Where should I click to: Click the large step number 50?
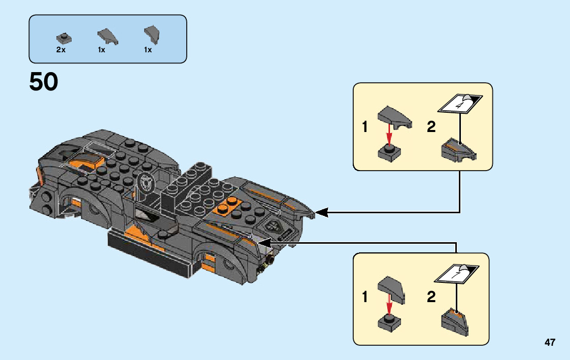click(44, 81)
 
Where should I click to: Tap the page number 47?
click(550, 342)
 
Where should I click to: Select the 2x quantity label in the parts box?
click(61, 50)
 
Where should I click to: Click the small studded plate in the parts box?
click(64, 38)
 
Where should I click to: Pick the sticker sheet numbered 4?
click(460, 104)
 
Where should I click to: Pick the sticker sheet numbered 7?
click(457, 273)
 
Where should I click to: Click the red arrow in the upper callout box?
click(389, 135)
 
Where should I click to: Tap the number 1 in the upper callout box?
click(364, 127)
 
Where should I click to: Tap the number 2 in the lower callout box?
click(431, 297)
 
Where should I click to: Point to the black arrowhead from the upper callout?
click(322, 212)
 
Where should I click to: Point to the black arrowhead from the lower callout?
click(264, 243)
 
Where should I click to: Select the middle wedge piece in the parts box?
click(108, 37)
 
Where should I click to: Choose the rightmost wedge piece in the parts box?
click(152, 35)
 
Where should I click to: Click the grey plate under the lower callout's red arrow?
click(389, 323)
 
